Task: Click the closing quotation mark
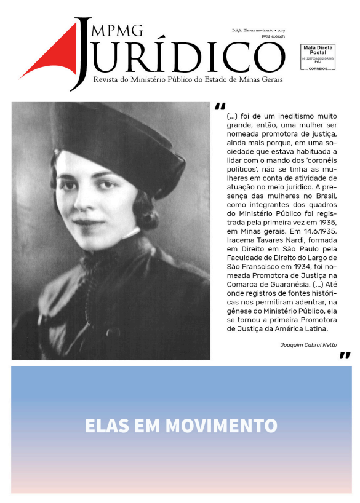click(x=345, y=355)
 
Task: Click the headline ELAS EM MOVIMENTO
click(x=181, y=426)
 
